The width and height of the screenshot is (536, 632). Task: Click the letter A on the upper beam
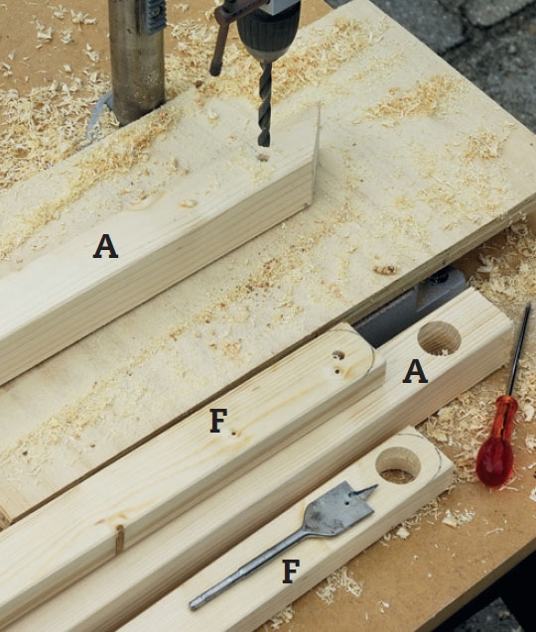[105, 247]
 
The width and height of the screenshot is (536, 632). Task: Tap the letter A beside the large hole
[416, 372]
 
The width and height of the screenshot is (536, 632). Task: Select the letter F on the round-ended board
[218, 421]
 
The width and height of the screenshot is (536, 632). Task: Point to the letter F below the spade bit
[291, 570]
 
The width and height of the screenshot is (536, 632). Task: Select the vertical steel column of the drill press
[137, 61]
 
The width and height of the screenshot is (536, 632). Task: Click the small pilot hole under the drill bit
[263, 157]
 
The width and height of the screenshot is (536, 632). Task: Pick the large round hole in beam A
[439, 338]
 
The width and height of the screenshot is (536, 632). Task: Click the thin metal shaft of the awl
[520, 349]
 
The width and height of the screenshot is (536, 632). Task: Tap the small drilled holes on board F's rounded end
[337, 360]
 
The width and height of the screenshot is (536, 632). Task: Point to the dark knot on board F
[119, 538]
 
